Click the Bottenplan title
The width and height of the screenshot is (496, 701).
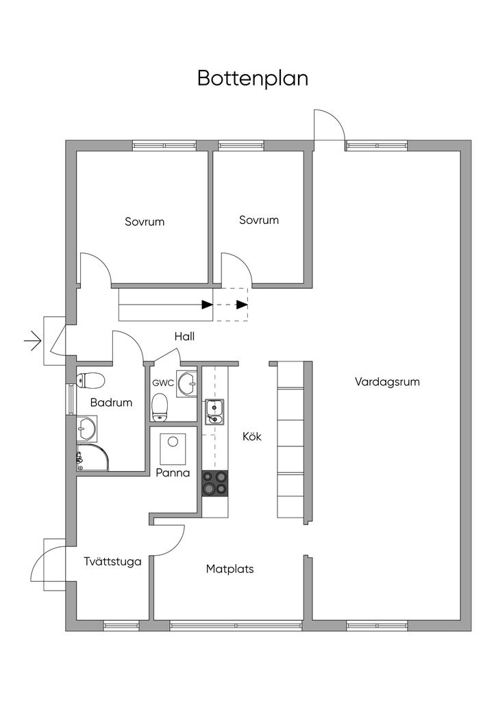[x=253, y=78]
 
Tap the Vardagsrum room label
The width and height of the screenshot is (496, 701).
[x=387, y=382]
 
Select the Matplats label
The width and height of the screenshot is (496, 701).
[x=230, y=569]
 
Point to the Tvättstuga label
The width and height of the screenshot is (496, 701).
[x=113, y=561]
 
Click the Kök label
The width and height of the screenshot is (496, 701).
[x=252, y=436]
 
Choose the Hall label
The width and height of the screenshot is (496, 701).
[x=185, y=336]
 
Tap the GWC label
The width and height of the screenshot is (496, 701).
[x=163, y=383]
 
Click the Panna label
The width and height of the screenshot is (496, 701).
[x=173, y=472]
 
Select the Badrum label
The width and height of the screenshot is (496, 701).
[x=112, y=403]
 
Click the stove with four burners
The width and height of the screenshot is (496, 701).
[x=215, y=483]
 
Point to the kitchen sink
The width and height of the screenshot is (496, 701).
[x=214, y=411]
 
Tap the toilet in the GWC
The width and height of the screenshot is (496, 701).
[x=159, y=407]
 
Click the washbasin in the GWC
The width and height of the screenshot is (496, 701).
[x=187, y=383]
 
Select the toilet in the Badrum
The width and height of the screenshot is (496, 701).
[x=91, y=381]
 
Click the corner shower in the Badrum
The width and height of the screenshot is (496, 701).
[x=92, y=457]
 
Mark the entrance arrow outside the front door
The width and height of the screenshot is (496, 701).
[x=33, y=341]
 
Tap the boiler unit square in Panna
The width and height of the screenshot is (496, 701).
[x=173, y=449]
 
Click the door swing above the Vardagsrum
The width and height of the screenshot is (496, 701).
[x=329, y=125]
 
